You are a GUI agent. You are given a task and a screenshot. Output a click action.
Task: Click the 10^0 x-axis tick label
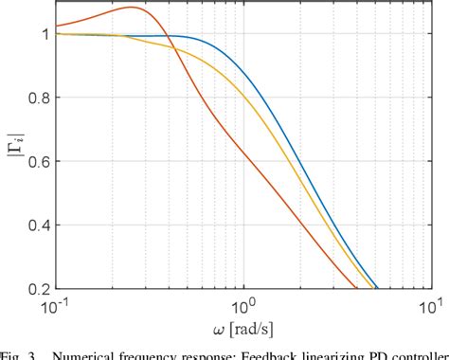243,305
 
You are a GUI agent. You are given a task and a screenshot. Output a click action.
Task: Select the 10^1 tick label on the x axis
430,305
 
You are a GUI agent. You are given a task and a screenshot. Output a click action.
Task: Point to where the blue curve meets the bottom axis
377,287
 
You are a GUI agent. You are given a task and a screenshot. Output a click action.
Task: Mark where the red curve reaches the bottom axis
355,287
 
